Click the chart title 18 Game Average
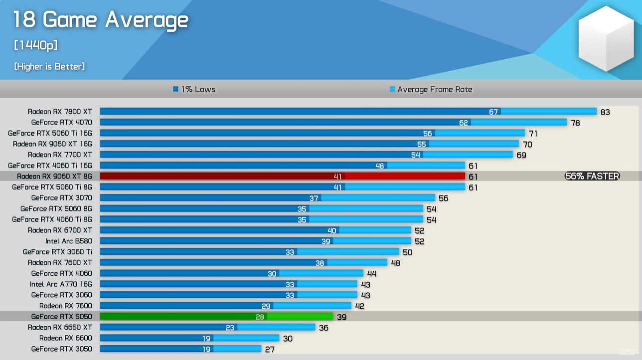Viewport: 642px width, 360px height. click(x=100, y=20)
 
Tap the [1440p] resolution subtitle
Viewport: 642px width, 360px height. click(x=36, y=45)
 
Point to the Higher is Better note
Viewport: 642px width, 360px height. click(x=49, y=66)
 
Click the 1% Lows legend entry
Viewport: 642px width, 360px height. click(x=194, y=89)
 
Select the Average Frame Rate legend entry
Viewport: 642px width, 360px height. click(x=431, y=89)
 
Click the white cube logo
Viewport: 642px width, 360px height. click(x=606, y=38)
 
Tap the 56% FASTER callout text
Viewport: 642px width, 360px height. click(x=592, y=176)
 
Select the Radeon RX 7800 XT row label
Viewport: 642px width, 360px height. click(x=60, y=112)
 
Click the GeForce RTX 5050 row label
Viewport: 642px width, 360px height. click(x=61, y=316)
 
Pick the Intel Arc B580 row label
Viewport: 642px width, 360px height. click(x=69, y=241)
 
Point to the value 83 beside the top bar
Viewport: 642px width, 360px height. click(x=605, y=112)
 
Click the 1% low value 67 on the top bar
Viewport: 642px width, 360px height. click(x=493, y=112)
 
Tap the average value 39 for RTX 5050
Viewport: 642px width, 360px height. click(x=341, y=317)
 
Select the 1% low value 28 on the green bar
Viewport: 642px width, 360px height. click(x=260, y=317)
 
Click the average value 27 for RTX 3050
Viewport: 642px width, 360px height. click(x=270, y=349)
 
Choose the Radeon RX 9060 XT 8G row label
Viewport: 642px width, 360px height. click(x=54, y=176)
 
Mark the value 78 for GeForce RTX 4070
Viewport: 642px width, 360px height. click(x=575, y=123)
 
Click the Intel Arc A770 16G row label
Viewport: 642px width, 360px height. click(x=61, y=284)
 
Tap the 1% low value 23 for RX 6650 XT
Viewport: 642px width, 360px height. click(x=230, y=328)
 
